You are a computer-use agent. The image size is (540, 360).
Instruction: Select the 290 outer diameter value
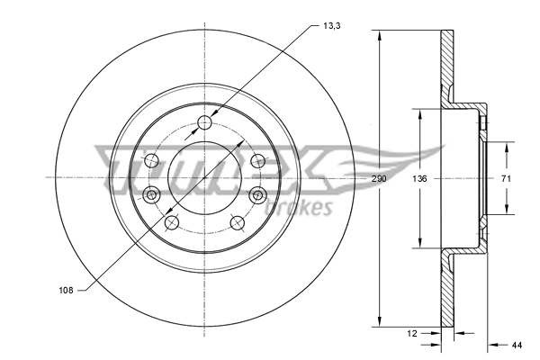pos(379,179)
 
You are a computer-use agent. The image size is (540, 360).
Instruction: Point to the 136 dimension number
pos(419,179)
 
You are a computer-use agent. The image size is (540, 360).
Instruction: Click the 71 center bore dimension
pos(506,179)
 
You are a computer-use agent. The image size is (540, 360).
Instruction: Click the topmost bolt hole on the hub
pos(204,122)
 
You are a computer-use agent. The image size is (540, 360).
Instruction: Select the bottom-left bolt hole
pos(172,222)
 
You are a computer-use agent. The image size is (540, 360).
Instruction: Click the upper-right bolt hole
pos(258,161)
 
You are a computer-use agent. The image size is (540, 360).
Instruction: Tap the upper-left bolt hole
pos(150,161)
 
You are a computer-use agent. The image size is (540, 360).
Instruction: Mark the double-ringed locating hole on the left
pos(151,194)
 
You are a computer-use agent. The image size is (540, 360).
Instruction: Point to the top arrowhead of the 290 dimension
pos(379,36)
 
